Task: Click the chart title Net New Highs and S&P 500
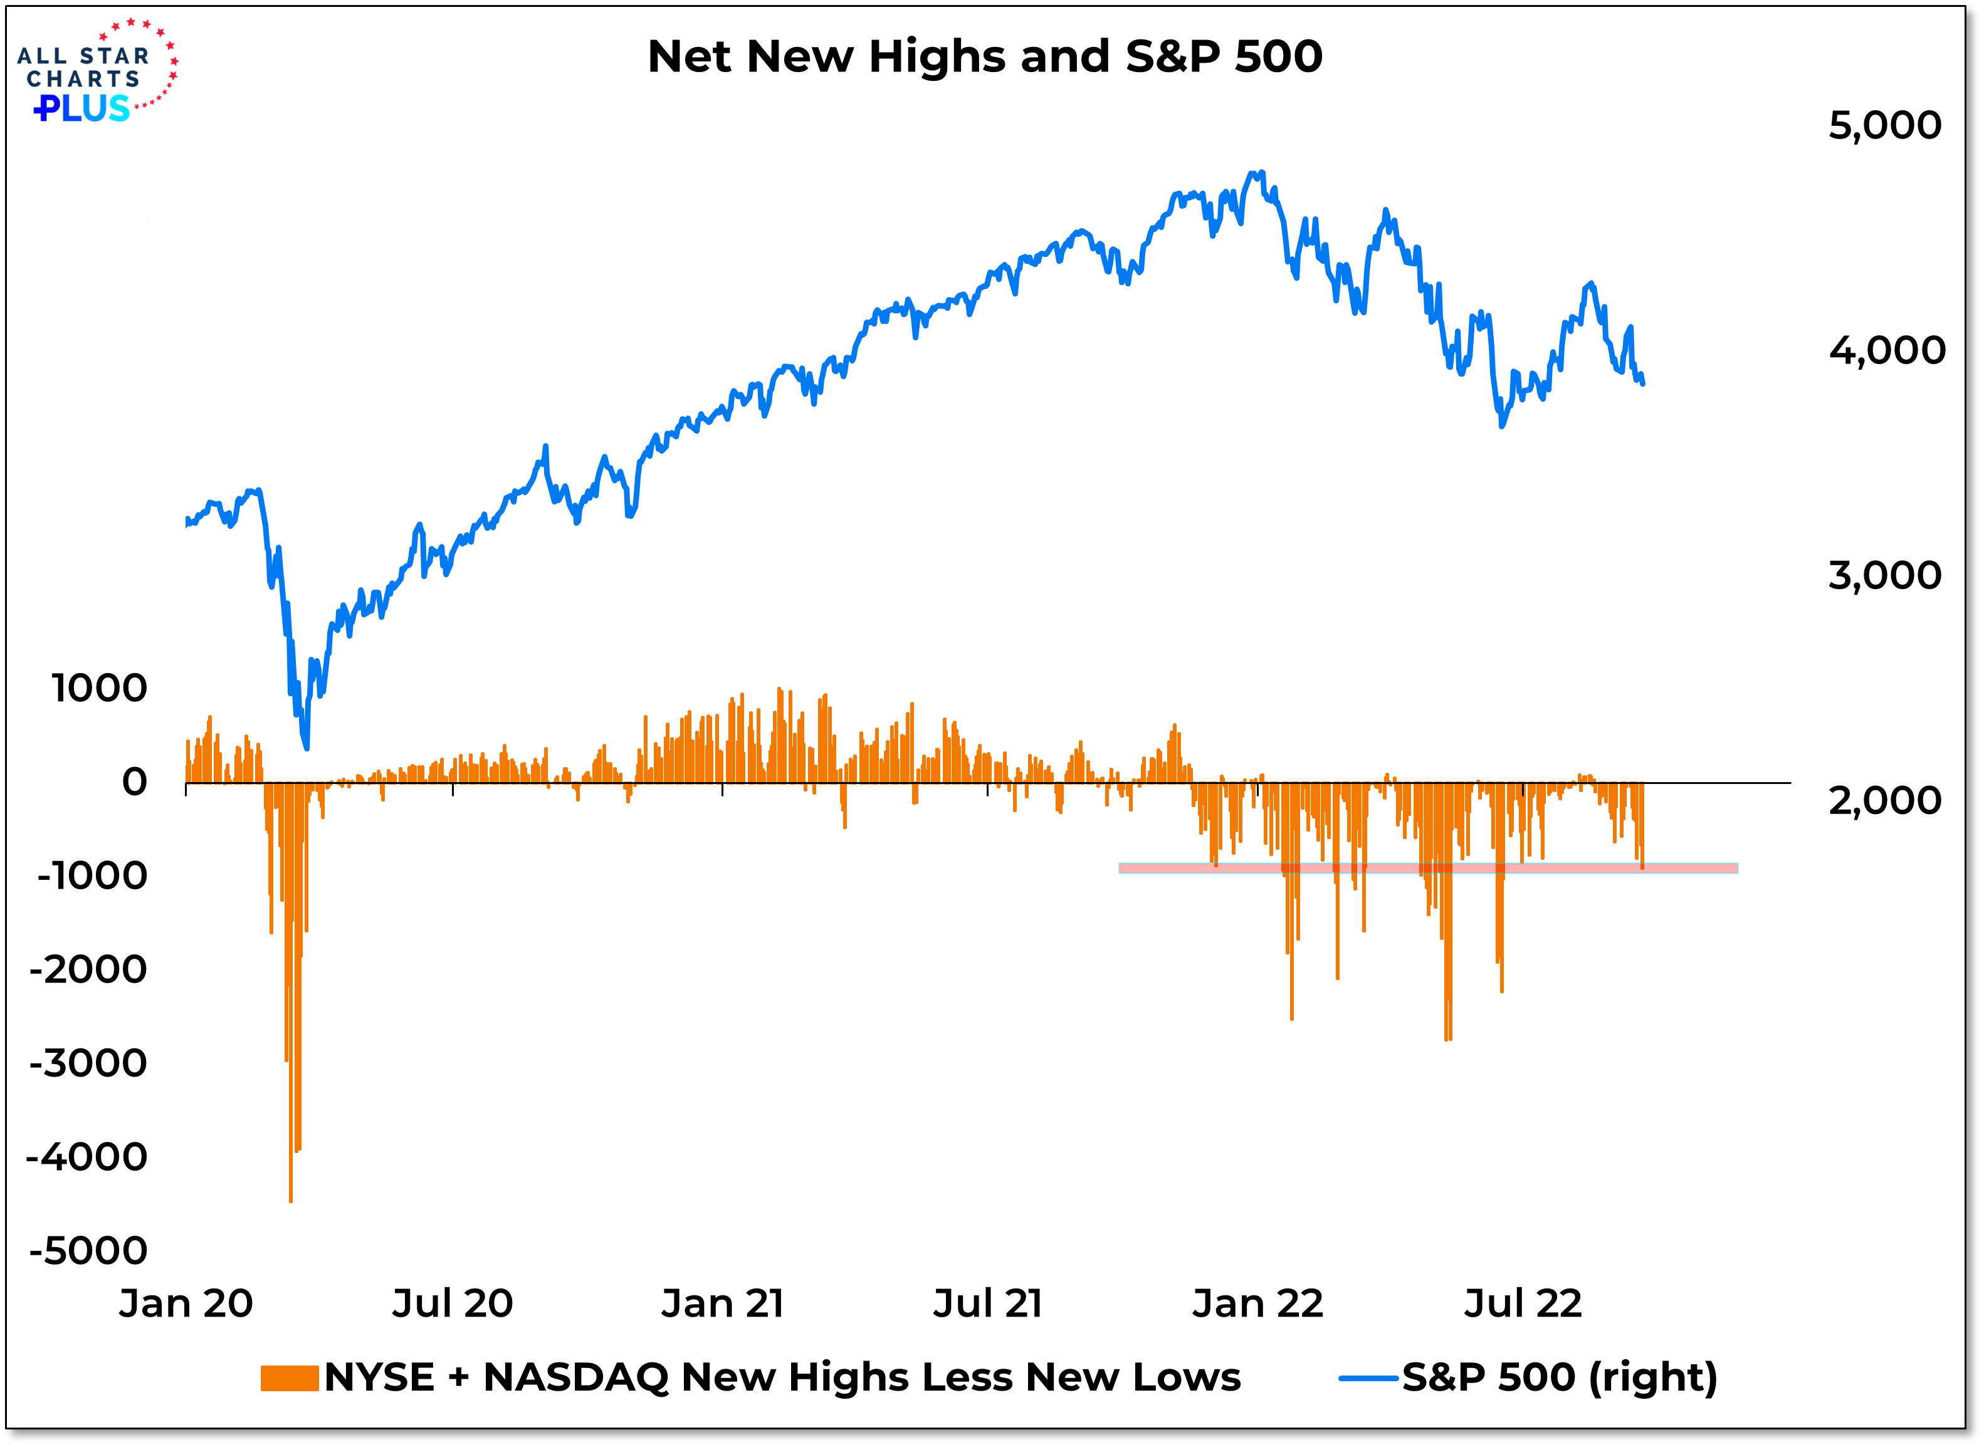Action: pyautogui.click(x=985, y=57)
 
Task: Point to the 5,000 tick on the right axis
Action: pyautogui.click(x=1884, y=125)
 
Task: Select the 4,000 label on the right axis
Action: pyautogui.click(x=1886, y=350)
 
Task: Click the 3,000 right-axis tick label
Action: pyautogui.click(x=1884, y=575)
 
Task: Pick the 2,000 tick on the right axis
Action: pyautogui.click(x=1884, y=800)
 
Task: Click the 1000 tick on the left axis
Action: pyautogui.click(x=99, y=689)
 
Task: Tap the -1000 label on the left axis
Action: pyautogui.click(x=92, y=876)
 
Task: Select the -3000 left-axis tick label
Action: pyautogui.click(x=88, y=1063)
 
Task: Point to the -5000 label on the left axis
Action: pyautogui.click(x=88, y=1251)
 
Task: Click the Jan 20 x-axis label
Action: pyautogui.click(x=186, y=1304)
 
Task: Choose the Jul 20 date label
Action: pyautogui.click(x=452, y=1304)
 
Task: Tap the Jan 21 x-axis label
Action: pyautogui.click(x=723, y=1304)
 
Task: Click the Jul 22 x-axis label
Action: pyautogui.click(x=1523, y=1304)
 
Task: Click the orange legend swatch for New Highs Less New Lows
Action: pyautogui.click(x=289, y=1379)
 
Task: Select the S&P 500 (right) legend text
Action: pyautogui.click(x=1559, y=1379)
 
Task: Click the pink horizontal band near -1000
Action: pyautogui.click(x=1428, y=868)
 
